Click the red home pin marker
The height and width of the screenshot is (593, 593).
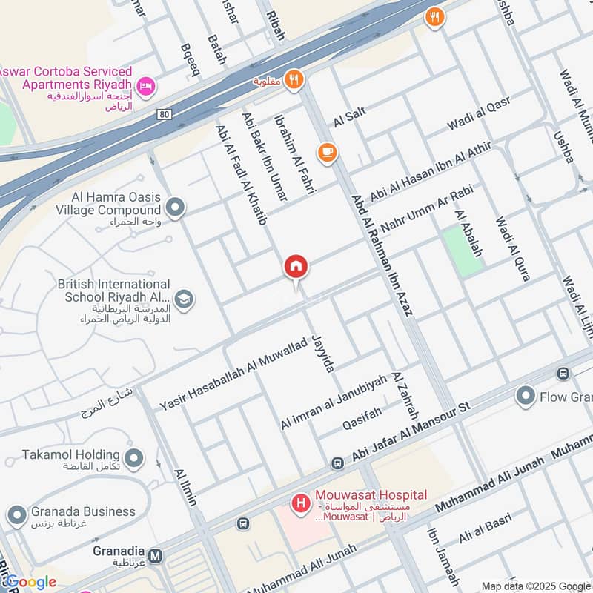click(296, 267)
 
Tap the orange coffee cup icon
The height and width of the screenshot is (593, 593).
click(327, 153)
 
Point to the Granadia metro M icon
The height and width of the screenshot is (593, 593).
click(156, 555)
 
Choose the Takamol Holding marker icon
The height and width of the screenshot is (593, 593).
click(134, 459)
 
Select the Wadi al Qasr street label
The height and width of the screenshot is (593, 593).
click(479, 116)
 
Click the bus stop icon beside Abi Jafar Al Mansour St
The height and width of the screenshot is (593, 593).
click(338, 463)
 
